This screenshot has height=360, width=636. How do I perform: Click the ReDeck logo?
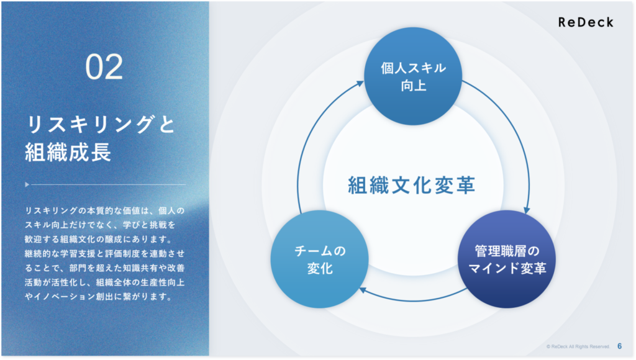point(586,22)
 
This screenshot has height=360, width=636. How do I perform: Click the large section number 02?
point(104,67)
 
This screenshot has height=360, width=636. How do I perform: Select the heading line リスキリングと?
point(101,124)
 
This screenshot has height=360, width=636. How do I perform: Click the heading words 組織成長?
point(68,153)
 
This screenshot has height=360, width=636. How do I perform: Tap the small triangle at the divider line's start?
point(27,184)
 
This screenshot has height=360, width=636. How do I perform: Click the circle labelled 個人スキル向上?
point(413,76)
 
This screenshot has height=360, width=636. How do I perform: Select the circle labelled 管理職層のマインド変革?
point(507,259)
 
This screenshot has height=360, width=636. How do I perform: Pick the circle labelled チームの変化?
point(320,259)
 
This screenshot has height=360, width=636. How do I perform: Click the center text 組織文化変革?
point(412,185)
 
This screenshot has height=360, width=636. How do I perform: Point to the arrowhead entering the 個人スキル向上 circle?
point(360,84)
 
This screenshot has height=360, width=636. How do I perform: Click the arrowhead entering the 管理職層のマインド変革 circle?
point(527,210)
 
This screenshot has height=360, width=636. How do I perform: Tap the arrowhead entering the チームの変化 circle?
point(363,290)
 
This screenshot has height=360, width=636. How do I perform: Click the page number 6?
point(619,346)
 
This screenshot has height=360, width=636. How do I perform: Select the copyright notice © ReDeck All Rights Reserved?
point(578,346)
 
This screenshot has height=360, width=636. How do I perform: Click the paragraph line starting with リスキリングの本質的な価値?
point(104,210)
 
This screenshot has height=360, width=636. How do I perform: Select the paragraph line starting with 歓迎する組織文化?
point(99,239)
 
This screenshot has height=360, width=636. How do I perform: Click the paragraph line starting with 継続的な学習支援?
point(104,253)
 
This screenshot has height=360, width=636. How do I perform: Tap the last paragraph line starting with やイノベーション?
point(99,297)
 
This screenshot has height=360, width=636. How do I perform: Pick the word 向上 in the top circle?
point(413,86)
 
